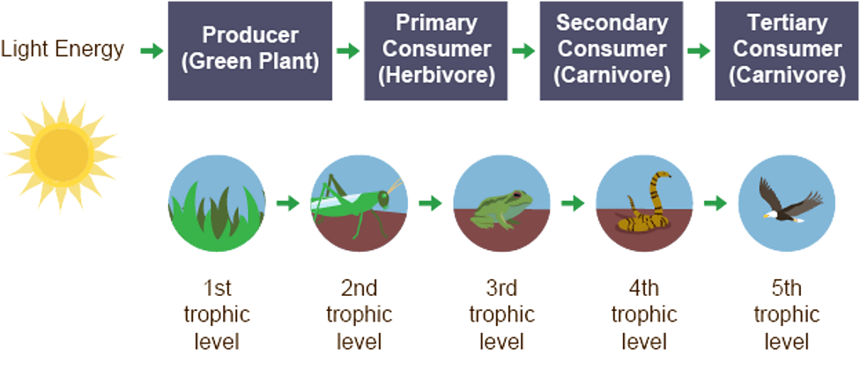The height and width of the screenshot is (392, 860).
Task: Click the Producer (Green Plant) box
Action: [250, 50]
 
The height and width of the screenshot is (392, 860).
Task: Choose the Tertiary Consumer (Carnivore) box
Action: [786, 50]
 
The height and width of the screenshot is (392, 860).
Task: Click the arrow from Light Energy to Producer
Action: [152, 51]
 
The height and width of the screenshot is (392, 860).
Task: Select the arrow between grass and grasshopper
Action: [287, 203]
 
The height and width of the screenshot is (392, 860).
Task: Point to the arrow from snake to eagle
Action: [715, 203]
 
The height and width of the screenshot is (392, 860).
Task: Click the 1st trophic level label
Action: [217, 314]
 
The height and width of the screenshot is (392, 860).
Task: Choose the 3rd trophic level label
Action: [501, 314]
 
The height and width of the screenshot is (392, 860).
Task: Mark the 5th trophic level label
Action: [786, 314]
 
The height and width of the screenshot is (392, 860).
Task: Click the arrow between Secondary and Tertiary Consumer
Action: [698, 51]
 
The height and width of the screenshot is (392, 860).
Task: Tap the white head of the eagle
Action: [768, 212]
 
